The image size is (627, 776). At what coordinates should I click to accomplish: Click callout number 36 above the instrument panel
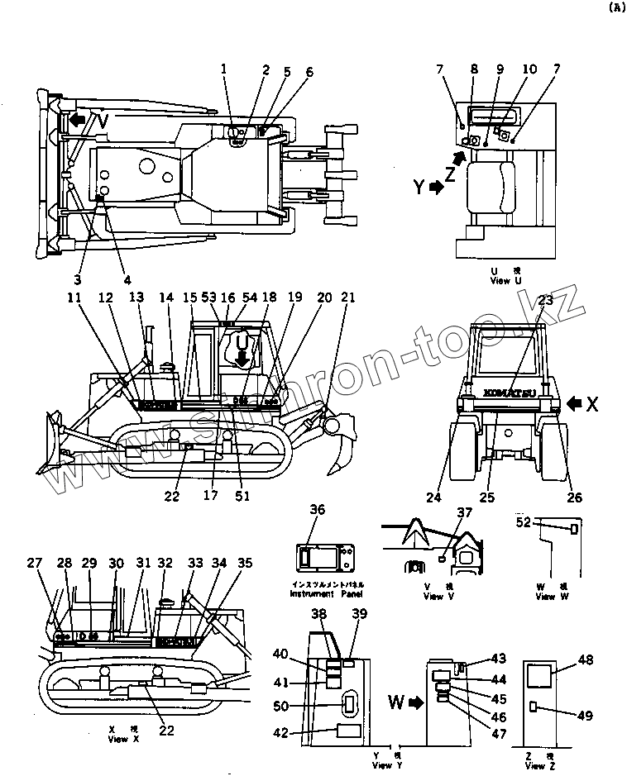pyautogui.click(x=317, y=511)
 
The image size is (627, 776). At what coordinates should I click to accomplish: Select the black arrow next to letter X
pyautogui.click(x=575, y=404)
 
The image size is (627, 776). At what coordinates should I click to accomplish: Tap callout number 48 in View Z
pyautogui.click(x=586, y=660)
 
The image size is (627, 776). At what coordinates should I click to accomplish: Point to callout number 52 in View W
pyautogui.click(x=523, y=521)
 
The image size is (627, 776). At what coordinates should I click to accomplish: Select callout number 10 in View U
pyautogui.click(x=529, y=69)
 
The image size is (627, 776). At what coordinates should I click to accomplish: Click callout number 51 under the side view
pyautogui.click(x=242, y=496)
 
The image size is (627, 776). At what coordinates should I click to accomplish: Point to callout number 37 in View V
pyautogui.click(x=464, y=514)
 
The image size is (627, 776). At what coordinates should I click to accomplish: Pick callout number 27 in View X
pyautogui.click(x=34, y=564)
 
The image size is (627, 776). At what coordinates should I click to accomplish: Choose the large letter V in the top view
pyautogui.click(x=100, y=121)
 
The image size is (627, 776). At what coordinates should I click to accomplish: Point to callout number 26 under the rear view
pyautogui.click(x=574, y=497)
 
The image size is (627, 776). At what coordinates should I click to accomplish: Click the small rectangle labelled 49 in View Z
pyautogui.click(x=535, y=707)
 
